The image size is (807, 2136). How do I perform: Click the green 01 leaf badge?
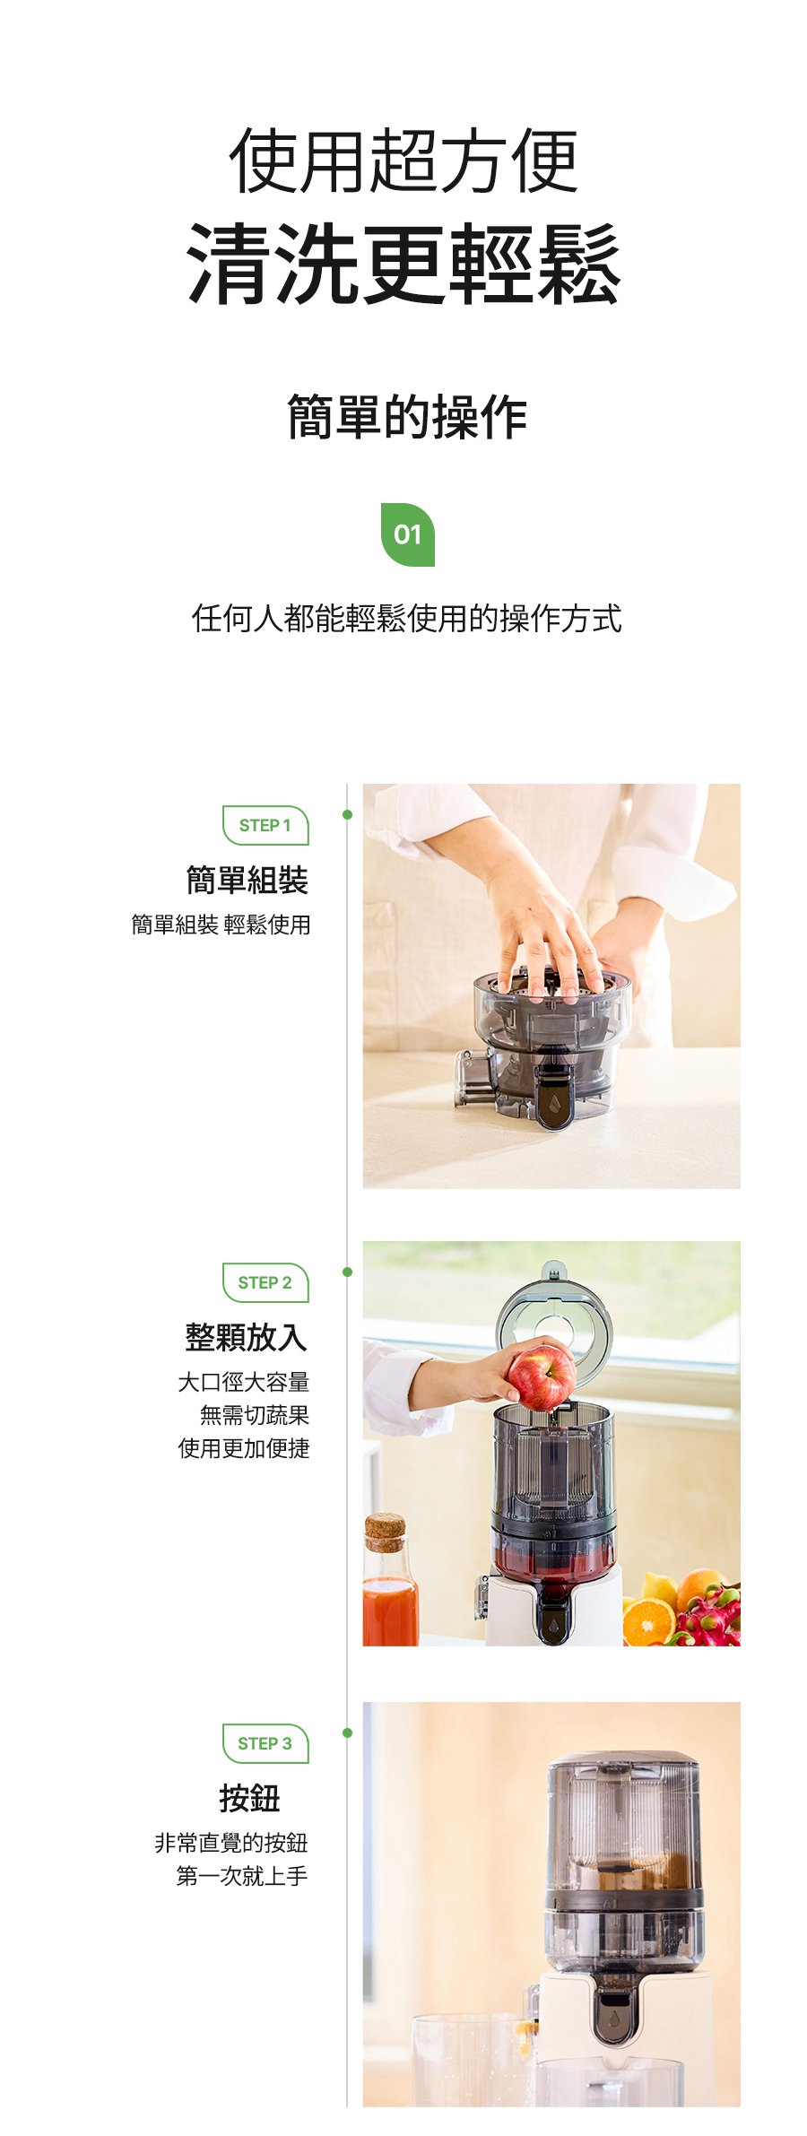(x=408, y=534)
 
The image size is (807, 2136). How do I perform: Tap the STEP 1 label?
(x=265, y=826)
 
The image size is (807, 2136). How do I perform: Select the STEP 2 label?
(x=265, y=1283)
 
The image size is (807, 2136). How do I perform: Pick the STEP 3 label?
(x=265, y=1744)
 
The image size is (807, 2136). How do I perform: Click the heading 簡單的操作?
(x=407, y=417)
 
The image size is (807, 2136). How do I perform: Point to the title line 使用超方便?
(x=404, y=161)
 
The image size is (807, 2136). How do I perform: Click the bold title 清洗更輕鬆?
(x=404, y=265)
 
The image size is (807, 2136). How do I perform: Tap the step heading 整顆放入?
(x=247, y=1337)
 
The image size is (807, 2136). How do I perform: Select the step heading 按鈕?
(x=249, y=1798)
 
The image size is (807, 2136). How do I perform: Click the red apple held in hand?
(x=542, y=1376)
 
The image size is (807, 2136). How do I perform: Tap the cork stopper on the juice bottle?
(x=385, y=1533)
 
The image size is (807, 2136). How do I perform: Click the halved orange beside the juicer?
(x=648, y=1622)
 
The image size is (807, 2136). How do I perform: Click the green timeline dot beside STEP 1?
(x=348, y=814)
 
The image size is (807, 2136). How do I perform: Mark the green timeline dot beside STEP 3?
(x=348, y=1732)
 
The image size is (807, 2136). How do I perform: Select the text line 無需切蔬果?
(x=255, y=1415)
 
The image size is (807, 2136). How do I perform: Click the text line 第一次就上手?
(x=242, y=1876)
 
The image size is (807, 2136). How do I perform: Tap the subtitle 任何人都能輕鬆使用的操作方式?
(x=407, y=619)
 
